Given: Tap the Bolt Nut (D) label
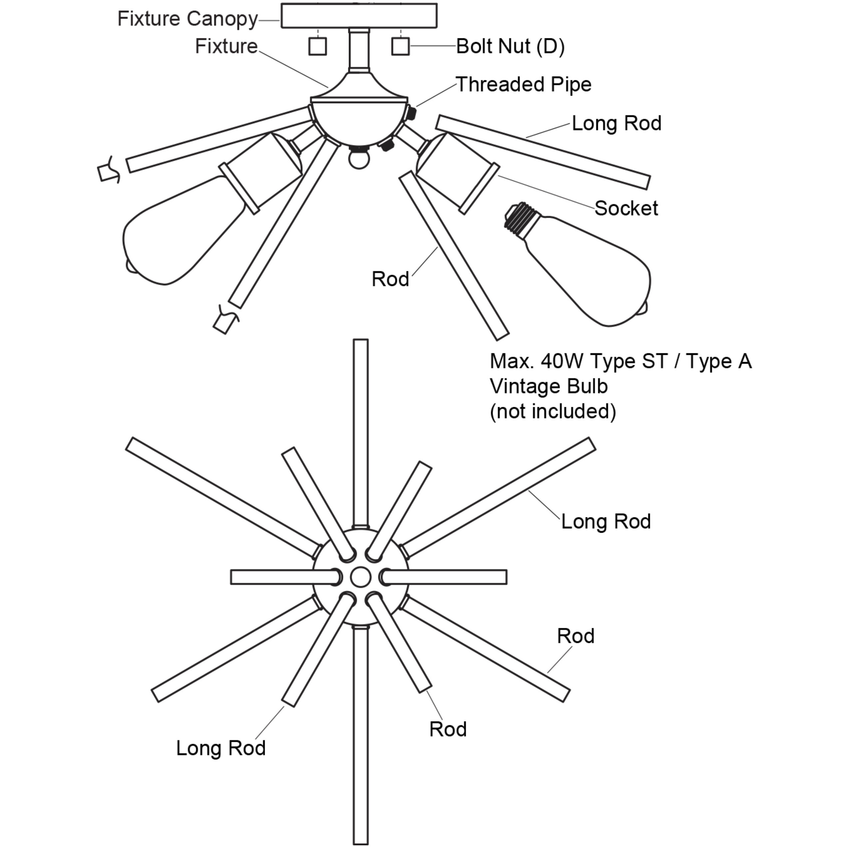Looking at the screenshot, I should (510, 47).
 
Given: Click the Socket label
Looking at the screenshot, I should (626, 208).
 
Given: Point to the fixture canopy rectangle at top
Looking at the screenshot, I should (359, 16).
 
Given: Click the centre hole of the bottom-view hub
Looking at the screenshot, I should (360, 577).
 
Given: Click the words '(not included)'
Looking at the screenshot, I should (553, 412).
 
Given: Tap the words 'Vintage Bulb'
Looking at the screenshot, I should (548, 387).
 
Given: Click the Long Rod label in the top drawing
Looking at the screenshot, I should (616, 124).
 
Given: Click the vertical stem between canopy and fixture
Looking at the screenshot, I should (359, 50).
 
